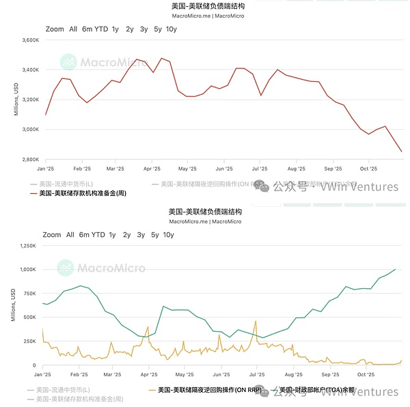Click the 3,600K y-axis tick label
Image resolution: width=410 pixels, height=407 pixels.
pyautogui.click(x=29, y=40)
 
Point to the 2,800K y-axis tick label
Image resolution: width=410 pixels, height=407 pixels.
pyautogui.click(x=29, y=159)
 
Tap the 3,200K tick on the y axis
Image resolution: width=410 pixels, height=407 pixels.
pyautogui.click(x=29, y=100)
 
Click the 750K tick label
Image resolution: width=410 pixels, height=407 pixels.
pyautogui.click(x=29, y=293)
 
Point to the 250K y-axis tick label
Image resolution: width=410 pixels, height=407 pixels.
pyautogui.click(x=29, y=341)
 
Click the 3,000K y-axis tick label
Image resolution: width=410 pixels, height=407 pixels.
pyautogui.click(x=29, y=129)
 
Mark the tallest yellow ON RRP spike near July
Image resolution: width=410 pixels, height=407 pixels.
pyautogui.click(x=256, y=320)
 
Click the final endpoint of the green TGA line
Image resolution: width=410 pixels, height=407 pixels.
pyautogui.click(x=395, y=269)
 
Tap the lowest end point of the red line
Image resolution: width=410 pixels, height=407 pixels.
pyautogui.click(x=401, y=152)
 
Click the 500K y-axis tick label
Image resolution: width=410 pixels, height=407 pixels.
pyautogui.click(x=29, y=318)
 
